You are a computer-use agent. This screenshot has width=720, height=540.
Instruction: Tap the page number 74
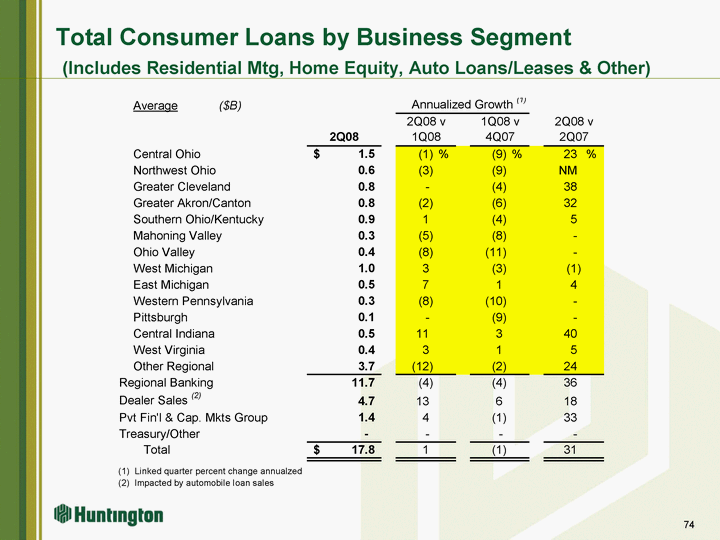coord(688,526)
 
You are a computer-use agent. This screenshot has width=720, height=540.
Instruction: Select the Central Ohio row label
coord(166,154)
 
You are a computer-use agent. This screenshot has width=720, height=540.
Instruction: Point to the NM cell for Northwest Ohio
coord(569,170)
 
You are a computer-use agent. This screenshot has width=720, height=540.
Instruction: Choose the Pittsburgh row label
coord(160,317)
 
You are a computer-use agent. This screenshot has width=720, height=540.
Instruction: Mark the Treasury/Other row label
coord(159,434)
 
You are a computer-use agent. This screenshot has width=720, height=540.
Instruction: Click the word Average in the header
coord(155,106)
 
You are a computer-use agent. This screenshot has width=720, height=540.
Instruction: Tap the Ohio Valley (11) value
coord(494,252)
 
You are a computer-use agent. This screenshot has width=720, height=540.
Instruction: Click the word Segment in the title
coord(509,38)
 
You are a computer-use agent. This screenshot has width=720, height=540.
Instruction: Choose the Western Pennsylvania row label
coord(193,301)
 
